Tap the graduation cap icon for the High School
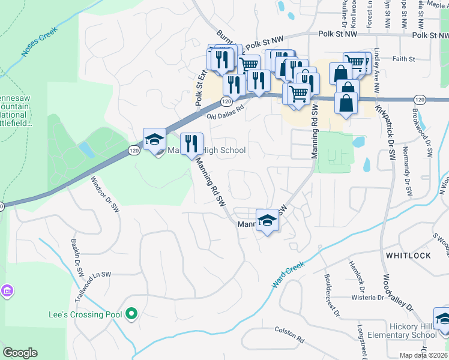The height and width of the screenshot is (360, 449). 154,139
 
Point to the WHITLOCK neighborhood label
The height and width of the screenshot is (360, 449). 408,256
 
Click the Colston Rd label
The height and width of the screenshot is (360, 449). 289,335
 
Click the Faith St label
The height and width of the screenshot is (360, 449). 403,59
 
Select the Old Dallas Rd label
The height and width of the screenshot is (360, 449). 226,114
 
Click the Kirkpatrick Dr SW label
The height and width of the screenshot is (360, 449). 385,132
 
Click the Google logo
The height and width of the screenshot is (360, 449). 20,353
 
